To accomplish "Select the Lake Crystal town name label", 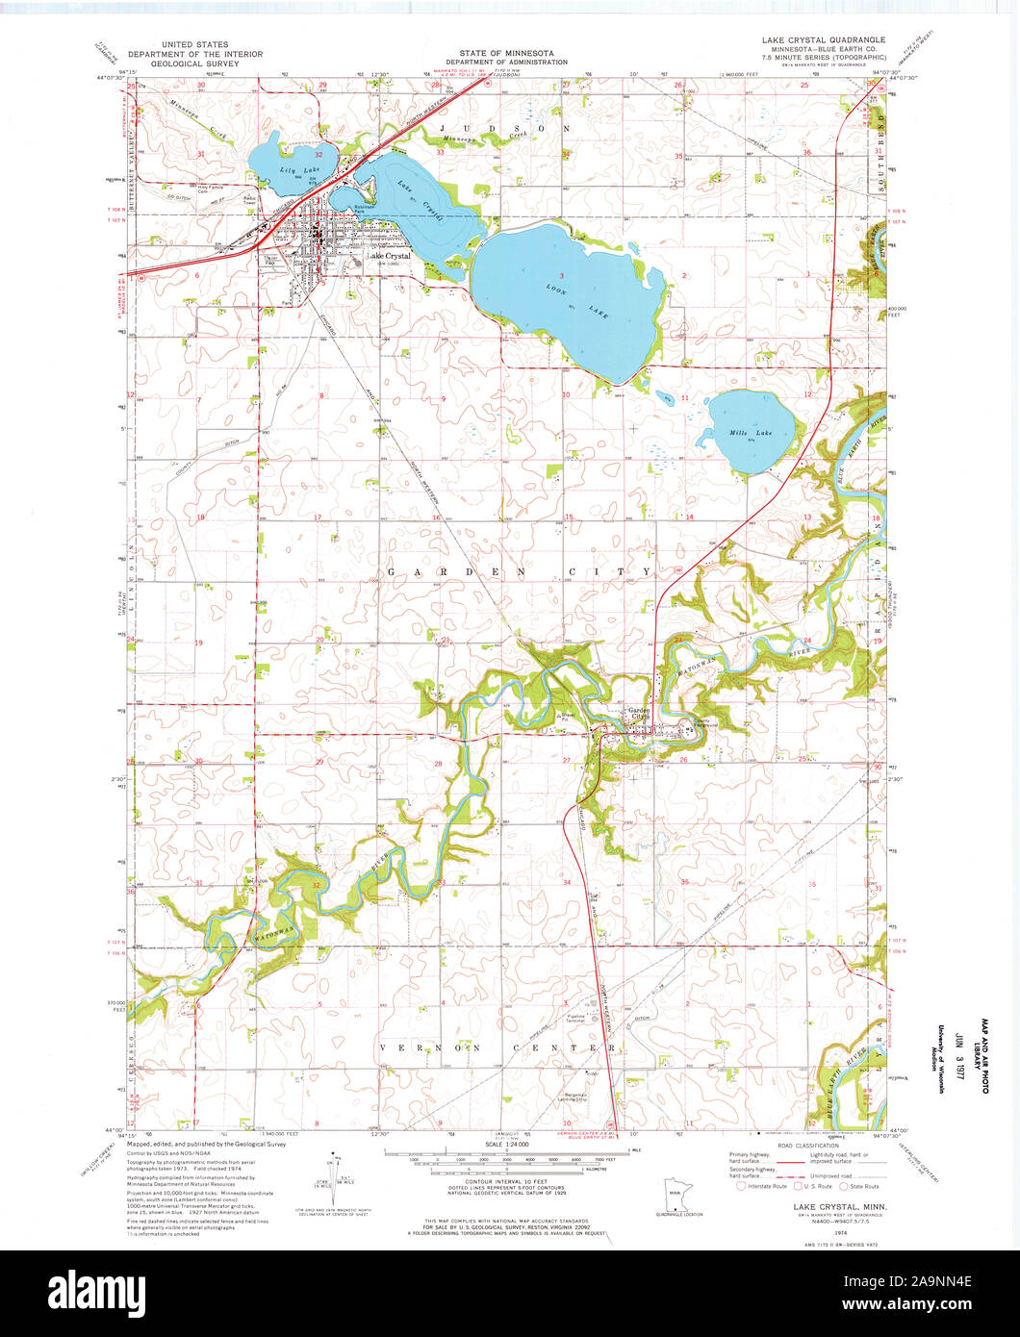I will click(388, 258).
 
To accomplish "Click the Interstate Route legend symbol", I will click(741, 1186).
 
